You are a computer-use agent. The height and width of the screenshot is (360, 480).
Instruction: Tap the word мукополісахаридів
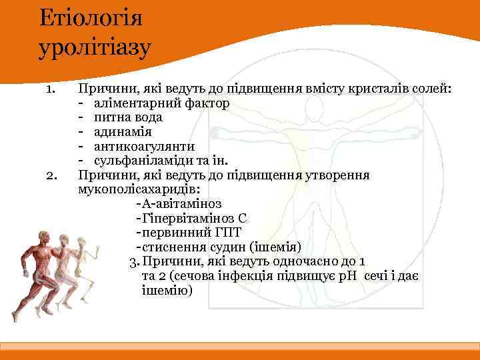(x=133, y=189)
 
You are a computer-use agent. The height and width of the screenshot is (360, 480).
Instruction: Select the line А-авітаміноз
(x=178, y=204)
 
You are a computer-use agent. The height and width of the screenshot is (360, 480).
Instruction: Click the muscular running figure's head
(x=44, y=237)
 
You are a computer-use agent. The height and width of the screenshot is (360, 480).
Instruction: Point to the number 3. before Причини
(x=133, y=261)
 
